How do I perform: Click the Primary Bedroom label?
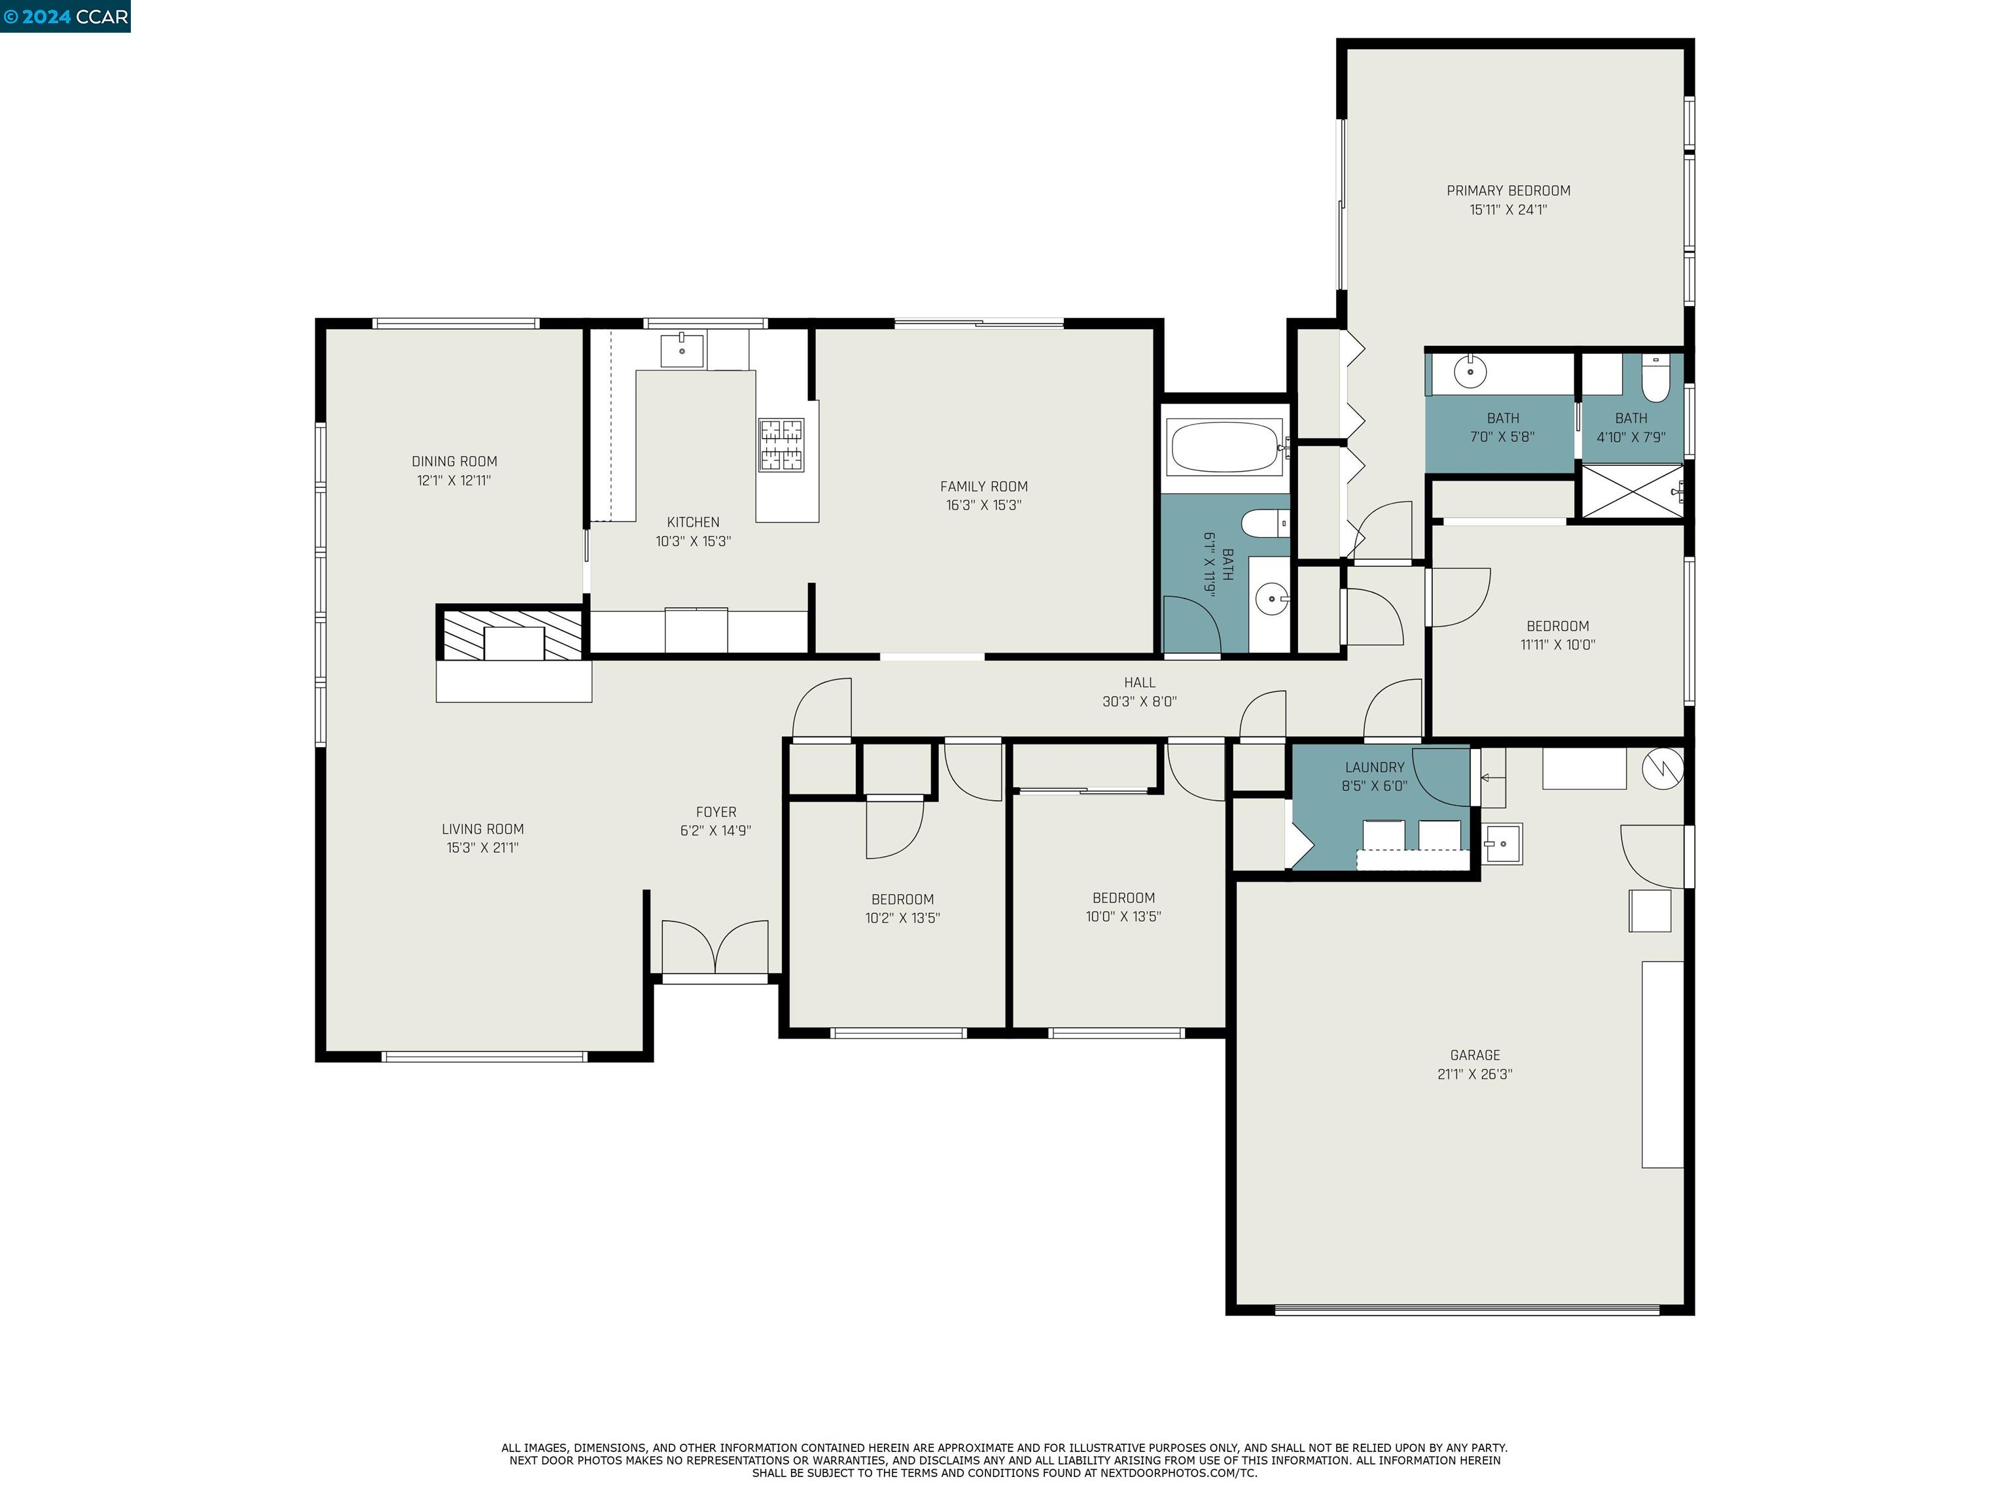click(1507, 191)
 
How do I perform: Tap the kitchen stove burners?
click(781, 444)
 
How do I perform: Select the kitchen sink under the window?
click(682, 349)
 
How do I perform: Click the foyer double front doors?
click(715, 948)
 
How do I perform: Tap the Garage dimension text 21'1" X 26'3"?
click(1474, 1074)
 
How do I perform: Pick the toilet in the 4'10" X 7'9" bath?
click(1655, 380)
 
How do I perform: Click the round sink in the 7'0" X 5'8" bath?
click(1470, 372)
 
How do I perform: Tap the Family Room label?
click(983, 487)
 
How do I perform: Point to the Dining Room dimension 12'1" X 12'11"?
click(453, 481)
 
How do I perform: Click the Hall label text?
click(1140, 682)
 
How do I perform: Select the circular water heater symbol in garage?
click(1662, 769)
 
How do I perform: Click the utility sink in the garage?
click(1503, 844)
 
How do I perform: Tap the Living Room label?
click(482, 829)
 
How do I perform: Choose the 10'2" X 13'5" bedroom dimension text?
click(902, 918)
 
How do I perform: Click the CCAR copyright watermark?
click(65, 16)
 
